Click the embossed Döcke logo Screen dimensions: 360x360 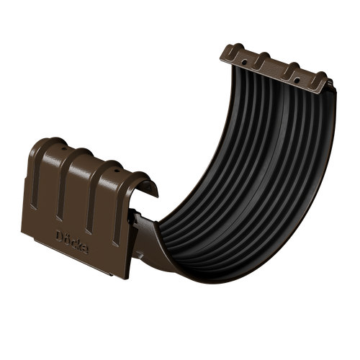(x=73, y=240)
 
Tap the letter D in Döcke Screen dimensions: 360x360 (x=60, y=234)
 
